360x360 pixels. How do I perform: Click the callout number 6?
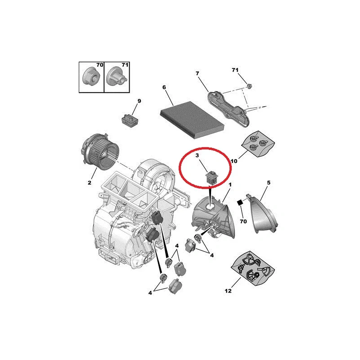coord(164,87)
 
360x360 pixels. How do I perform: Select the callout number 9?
coord(139,101)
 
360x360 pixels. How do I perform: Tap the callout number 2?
coord(89,183)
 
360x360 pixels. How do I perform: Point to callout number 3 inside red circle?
coord(197,155)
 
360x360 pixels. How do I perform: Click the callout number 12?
coord(228,291)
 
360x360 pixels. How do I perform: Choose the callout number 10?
coord(234,161)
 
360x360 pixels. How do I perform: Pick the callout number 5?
coord(269,183)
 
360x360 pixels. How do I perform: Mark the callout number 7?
coord(197,73)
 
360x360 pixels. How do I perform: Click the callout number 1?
coord(230,184)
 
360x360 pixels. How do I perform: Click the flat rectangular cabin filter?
coord(192,120)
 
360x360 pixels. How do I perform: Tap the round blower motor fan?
coord(100,153)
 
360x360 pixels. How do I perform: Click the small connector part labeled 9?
coord(130,120)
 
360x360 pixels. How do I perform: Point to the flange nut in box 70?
coord(90,76)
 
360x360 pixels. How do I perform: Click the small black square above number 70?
coord(240,203)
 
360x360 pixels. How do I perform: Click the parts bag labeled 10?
coord(258,144)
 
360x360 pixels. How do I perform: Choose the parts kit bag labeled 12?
coord(253,268)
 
